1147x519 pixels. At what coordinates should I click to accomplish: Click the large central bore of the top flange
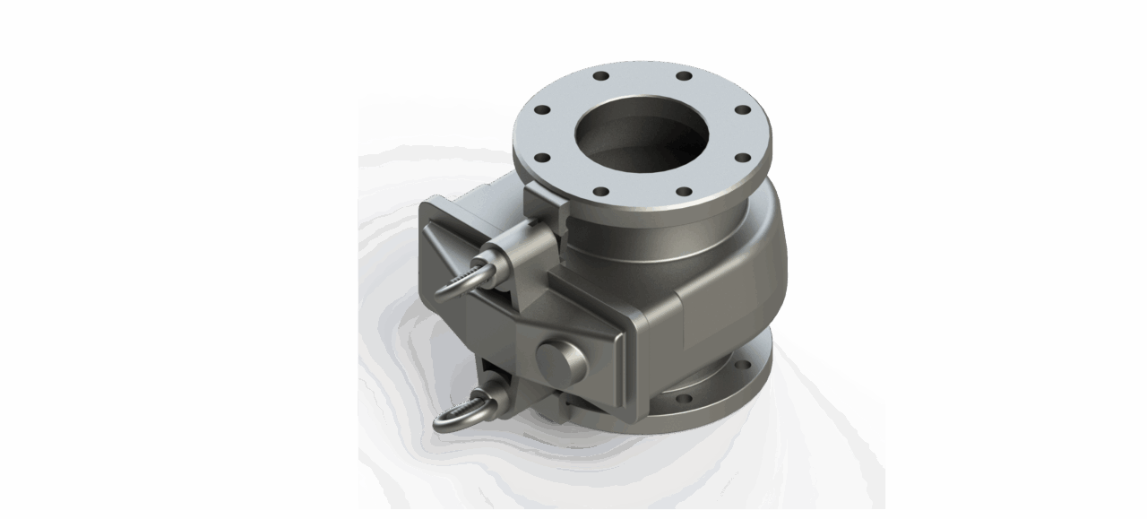pyautogui.click(x=642, y=136)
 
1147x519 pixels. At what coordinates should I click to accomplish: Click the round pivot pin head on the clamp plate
pyautogui.click(x=561, y=359)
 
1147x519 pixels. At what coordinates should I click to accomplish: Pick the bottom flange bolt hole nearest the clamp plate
pyautogui.click(x=684, y=399)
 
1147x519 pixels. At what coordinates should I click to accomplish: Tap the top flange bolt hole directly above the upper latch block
pyautogui.click(x=541, y=158)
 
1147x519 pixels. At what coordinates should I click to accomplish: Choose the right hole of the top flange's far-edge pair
pyautogui.click(x=684, y=76)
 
